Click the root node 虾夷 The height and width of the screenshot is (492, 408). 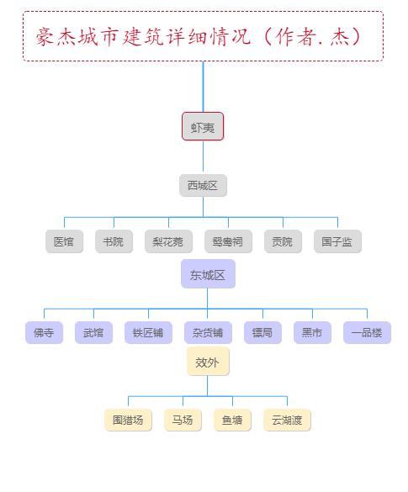[203, 126]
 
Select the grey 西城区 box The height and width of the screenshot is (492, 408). [203, 185]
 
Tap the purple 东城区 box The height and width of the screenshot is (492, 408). [208, 273]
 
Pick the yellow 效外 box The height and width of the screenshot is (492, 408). [208, 361]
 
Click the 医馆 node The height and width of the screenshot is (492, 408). [64, 241]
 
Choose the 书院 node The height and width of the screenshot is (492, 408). [114, 241]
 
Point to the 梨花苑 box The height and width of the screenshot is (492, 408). [168, 241]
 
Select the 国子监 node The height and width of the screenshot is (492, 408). [337, 241]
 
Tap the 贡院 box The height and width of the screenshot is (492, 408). [283, 241]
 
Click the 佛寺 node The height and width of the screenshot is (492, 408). [45, 332]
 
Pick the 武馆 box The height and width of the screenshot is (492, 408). [94, 332]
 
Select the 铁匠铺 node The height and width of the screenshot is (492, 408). [148, 332]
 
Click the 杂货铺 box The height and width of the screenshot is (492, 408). [208, 332]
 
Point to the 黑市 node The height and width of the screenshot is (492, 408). [313, 332]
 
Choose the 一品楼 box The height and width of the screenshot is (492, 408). [367, 332]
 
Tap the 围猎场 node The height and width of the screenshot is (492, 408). [129, 420]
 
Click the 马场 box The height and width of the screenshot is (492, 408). [183, 420]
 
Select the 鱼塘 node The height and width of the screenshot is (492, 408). [232, 420]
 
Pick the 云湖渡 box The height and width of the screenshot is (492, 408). [287, 420]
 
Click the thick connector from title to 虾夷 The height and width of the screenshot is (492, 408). [203, 87]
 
